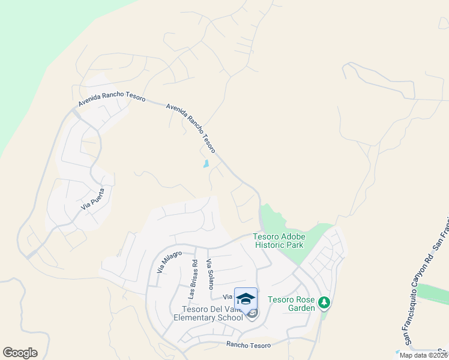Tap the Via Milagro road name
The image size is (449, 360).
click(x=169, y=262)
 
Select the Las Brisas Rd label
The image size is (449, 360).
click(x=193, y=279)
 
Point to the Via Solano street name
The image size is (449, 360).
click(x=209, y=274)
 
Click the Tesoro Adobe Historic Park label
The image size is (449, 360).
click(x=279, y=241)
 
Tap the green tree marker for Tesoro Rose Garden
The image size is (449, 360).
click(x=324, y=302)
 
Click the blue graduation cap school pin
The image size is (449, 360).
click(x=246, y=299)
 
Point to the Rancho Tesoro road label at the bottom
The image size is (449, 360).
click(x=249, y=345)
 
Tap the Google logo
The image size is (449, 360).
click(x=20, y=353)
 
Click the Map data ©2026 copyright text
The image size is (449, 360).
click(x=423, y=355)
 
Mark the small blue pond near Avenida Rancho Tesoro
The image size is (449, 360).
click(x=206, y=163)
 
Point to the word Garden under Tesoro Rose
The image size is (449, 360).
click(x=300, y=308)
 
